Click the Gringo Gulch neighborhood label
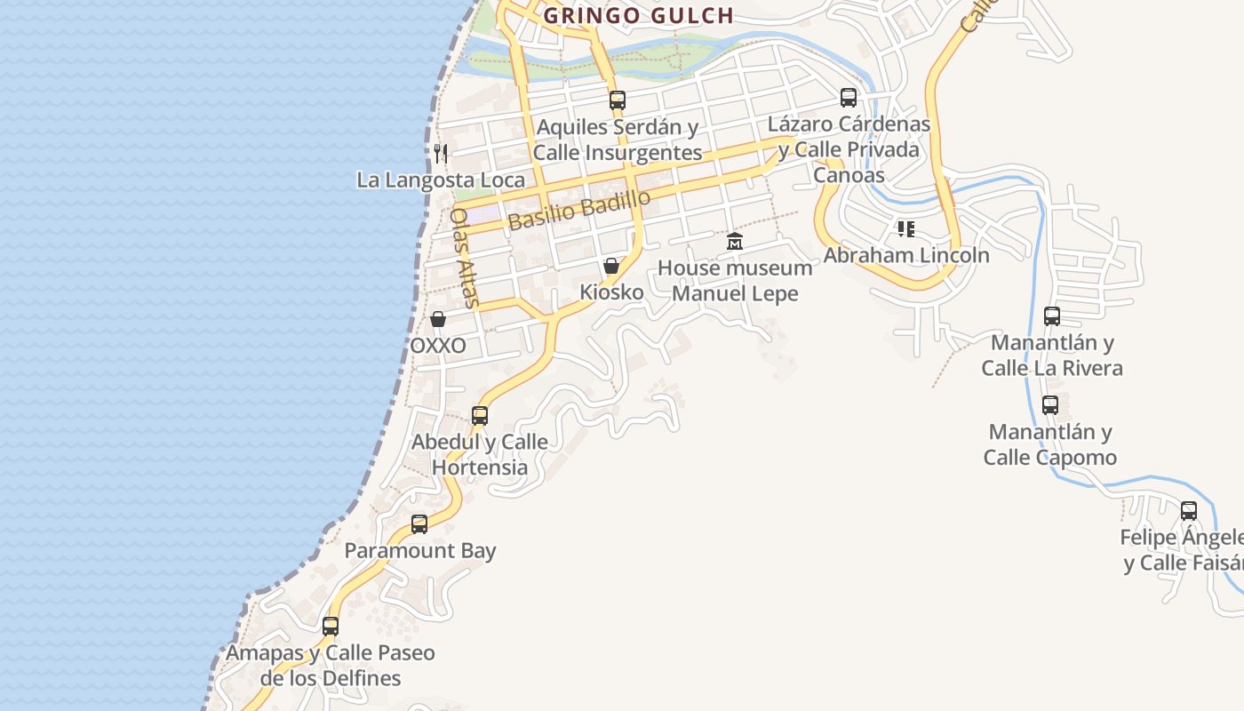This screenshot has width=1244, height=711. pos(638,15)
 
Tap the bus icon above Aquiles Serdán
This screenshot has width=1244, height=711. pos(618,100)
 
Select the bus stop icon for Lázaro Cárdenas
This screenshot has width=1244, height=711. pos(849,98)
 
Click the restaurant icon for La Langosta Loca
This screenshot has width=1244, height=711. pos(441,153)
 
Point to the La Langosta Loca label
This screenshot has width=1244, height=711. pos(441,180)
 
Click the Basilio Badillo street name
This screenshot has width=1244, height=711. pos(579,210)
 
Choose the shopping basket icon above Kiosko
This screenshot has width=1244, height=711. pos(611,266)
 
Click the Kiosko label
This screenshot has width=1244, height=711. pos(611,292)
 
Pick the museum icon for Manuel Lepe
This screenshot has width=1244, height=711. pos(735,241)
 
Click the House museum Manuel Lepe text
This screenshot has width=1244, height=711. pos(735,280)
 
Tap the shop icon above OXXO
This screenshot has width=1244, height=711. pos(438,319)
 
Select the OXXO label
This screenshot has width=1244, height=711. pos(438,345)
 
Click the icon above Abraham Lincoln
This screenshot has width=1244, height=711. pos(906,229)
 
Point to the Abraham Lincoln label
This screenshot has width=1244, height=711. pos(906,255)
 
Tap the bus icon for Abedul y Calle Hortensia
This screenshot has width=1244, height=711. pos(480,415)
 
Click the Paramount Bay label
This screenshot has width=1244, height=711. pos(420,550)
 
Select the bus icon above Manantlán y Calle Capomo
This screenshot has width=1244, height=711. pos(1050,405)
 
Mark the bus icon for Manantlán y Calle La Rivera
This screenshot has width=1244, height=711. pos(1052,316)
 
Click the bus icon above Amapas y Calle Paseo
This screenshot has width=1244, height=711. pos(331,626)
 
